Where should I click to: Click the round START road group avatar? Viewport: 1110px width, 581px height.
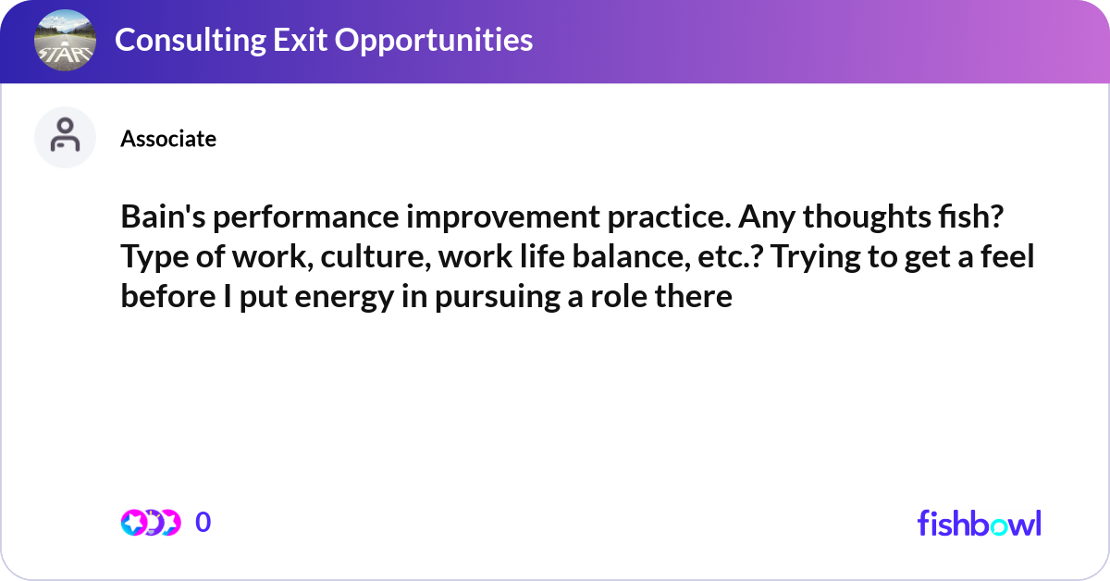[x=65, y=40]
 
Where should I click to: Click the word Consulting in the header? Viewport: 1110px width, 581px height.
[x=191, y=41]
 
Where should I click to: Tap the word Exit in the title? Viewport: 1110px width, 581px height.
[x=300, y=40]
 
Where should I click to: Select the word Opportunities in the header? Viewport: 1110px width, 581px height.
[x=434, y=41]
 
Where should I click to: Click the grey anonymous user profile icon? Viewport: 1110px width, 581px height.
[x=65, y=137]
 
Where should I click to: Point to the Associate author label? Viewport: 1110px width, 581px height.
[x=168, y=139]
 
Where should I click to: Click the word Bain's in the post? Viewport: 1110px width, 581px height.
[x=163, y=216]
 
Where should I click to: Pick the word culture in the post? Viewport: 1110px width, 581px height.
[x=376, y=257]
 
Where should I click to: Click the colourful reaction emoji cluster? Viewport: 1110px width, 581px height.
[x=151, y=523]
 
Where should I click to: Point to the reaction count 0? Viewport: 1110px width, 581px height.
[x=203, y=522]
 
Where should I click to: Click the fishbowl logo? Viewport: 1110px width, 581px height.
[x=980, y=523]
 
